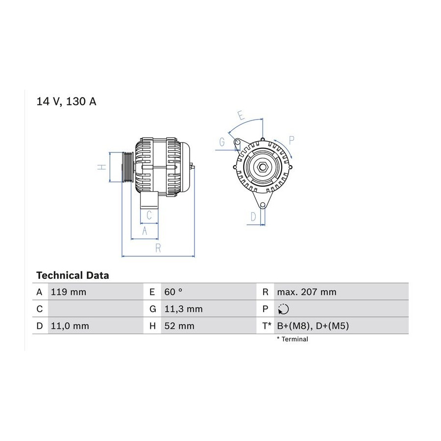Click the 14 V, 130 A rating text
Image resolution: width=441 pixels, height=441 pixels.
pyautogui.click(x=66, y=101)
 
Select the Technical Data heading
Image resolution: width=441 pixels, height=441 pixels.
pyautogui.click(x=73, y=275)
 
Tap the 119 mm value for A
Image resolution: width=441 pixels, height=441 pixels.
pyautogui.click(x=68, y=292)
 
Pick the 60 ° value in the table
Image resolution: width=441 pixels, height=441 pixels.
pyautogui.click(x=173, y=292)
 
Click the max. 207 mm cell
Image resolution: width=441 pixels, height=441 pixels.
pyautogui.click(x=307, y=292)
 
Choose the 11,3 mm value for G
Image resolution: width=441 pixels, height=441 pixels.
pyautogui.click(x=183, y=309)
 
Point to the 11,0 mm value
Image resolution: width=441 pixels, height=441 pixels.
pyautogui.click(x=70, y=326)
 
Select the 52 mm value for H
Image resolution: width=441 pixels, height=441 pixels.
pyautogui.click(x=179, y=326)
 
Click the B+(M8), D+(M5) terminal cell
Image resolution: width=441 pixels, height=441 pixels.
pyautogui.click(x=313, y=326)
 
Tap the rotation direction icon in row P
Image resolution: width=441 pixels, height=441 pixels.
pyautogui.click(x=283, y=309)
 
